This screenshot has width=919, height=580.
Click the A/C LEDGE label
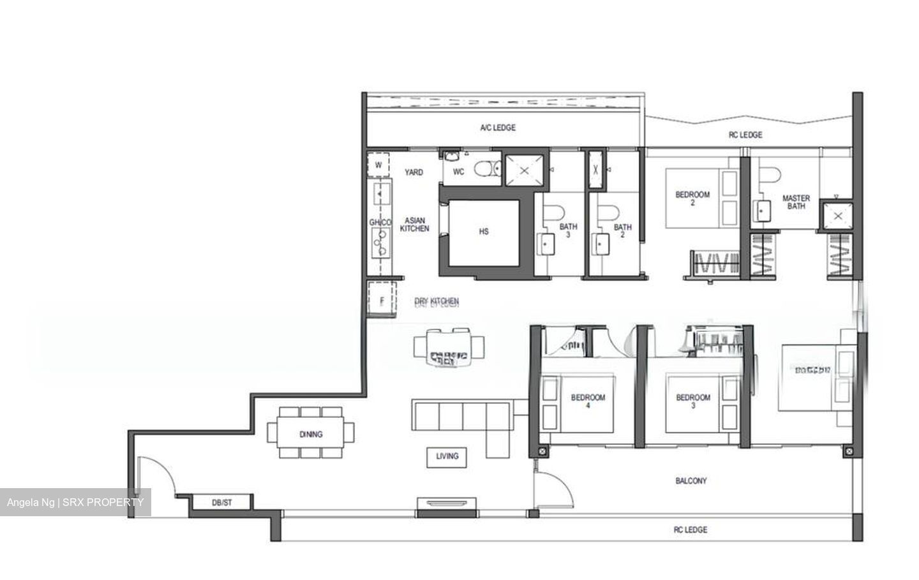click(x=498, y=128)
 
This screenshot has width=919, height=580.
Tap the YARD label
click(x=414, y=172)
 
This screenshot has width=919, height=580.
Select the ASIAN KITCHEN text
click(x=414, y=225)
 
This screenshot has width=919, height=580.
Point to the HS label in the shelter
click(x=483, y=232)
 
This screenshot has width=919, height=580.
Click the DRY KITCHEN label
click(x=437, y=301)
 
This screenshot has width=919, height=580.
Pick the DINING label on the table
click(x=311, y=435)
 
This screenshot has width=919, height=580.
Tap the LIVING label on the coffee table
click(x=447, y=456)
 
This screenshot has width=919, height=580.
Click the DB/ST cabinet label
click(x=221, y=503)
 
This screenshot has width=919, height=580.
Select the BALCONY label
click(x=691, y=481)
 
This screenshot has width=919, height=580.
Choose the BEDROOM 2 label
click(x=692, y=198)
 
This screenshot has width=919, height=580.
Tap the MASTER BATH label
click(x=796, y=202)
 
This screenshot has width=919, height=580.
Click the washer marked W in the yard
click(x=378, y=165)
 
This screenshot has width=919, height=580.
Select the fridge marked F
click(x=382, y=301)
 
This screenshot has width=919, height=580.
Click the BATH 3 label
click(x=568, y=230)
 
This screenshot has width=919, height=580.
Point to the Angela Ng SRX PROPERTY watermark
click(x=75, y=502)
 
